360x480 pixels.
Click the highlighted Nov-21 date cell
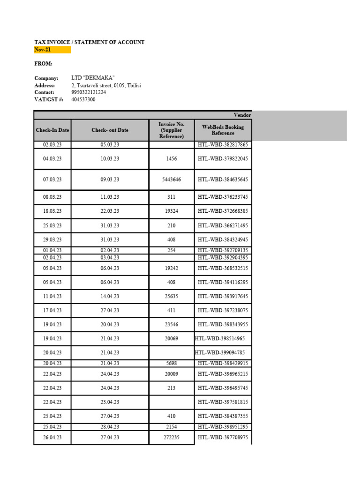52,50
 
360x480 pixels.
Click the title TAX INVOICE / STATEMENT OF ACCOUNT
89,42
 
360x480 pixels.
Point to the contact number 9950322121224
89,92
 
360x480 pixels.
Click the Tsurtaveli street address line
106,85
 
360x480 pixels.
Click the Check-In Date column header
52,130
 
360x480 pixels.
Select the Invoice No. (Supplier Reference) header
172,130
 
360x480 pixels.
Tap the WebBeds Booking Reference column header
223,130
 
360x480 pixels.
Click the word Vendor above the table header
242,115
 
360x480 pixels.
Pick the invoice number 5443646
172,180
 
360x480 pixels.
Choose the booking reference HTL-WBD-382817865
223,145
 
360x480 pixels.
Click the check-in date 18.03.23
52,211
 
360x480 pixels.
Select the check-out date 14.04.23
110,296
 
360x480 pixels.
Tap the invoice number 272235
172,437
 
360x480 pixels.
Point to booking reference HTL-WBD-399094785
220,352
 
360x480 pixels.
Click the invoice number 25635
172,296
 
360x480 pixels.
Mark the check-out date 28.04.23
110,427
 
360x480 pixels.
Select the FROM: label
43,64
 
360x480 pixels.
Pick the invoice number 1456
172,158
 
